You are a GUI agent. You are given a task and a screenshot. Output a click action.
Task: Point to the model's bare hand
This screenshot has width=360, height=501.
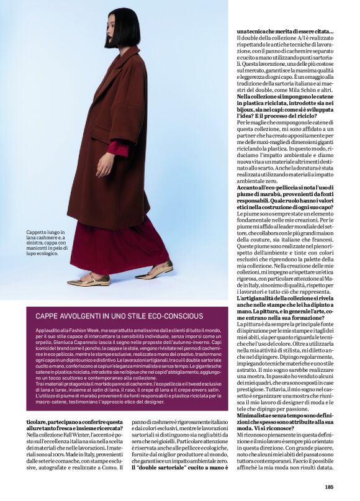coord(104,163)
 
